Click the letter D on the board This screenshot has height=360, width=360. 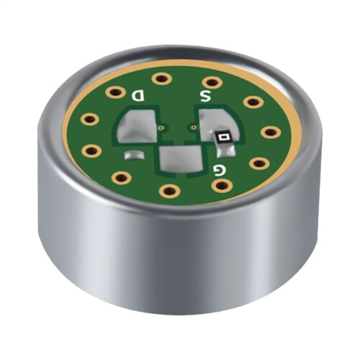click(138, 96)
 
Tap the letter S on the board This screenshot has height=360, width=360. click(205, 96)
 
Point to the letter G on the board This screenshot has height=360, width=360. click(220, 170)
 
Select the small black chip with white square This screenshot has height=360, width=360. click(224, 138)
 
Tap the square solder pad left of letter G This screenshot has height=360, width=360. click(180, 158)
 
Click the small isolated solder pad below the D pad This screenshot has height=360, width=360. click(134, 155)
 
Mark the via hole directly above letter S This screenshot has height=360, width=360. click(211, 82)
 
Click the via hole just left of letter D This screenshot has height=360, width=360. click(115, 92)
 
